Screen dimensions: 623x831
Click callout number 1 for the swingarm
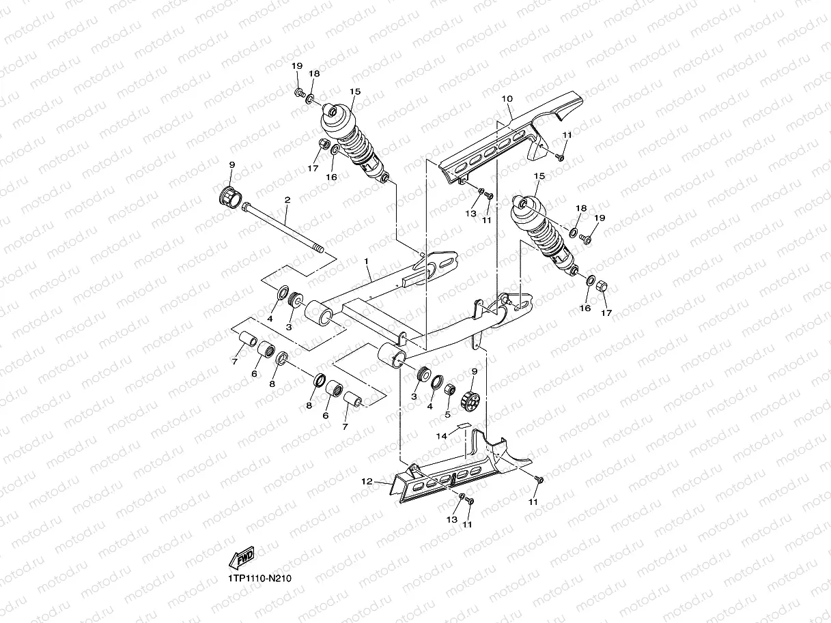pos(366,261)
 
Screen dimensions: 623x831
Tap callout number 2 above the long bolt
pos(287,201)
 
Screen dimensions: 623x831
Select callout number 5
pos(447,414)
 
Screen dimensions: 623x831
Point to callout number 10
pos(507,99)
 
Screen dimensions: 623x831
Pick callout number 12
pos(367,482)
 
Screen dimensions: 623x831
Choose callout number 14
pos(442,435)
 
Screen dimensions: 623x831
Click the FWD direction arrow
pos(242,557)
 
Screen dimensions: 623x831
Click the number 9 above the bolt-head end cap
pos(231,165)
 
